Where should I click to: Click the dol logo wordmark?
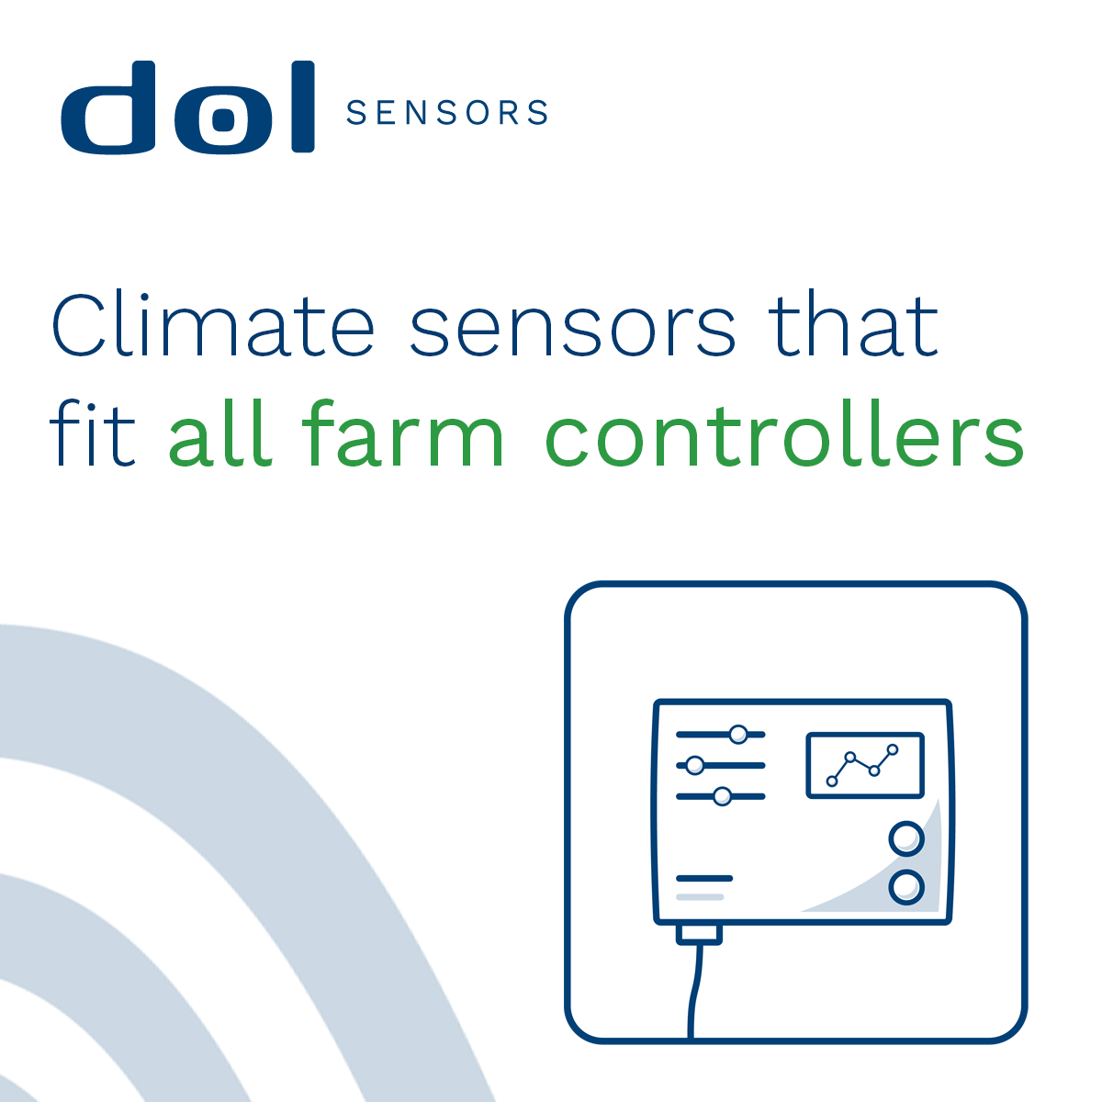click(x=187, y=107)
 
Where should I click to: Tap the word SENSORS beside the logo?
click(x=447, y=112)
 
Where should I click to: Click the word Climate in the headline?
click(x=213, y=324)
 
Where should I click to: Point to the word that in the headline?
click(x=853, y=325)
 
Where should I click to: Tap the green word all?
click(x=220, y=433)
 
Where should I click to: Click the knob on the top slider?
click(x=738, y=735)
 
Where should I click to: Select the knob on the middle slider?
click(x=695, y=765)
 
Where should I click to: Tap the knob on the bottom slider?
click(x=723, y=796)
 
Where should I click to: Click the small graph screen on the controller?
click(x=865, y=765)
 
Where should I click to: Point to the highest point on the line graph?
click(x=892, y=749)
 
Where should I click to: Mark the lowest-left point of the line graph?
click(x=832, y=782)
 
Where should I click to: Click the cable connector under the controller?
click(x=699, y=934)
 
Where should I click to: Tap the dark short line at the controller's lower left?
click(x=704, y=879)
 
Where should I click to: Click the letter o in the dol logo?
click(x=223, y=118)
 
